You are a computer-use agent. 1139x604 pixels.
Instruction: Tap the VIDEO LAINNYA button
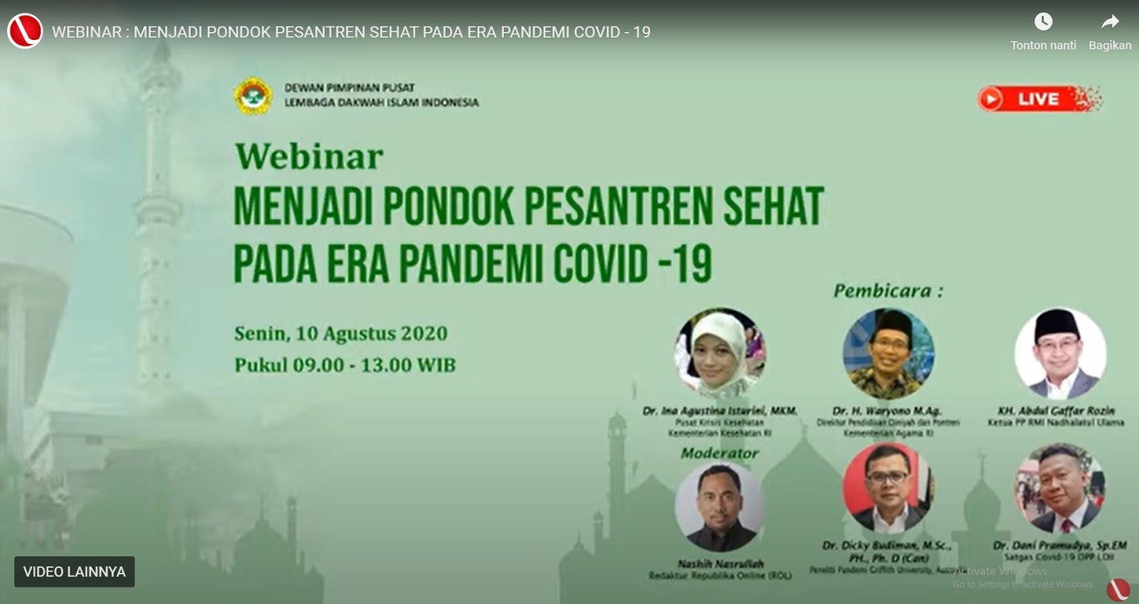(74, 572)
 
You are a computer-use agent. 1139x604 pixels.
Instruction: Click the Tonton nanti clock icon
(1043, 22)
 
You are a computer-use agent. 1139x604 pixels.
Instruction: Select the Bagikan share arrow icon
(1110, 22)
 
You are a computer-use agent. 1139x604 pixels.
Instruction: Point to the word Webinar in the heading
(309, 157)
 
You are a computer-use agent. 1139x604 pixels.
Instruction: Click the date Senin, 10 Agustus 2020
(340, 333)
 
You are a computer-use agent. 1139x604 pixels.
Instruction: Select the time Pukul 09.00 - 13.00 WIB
(345, 365)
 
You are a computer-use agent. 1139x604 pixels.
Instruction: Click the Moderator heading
(719, 453)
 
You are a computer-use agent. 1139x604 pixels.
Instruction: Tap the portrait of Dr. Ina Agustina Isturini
(720, 353)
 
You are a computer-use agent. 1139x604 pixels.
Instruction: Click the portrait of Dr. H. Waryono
(888, 353)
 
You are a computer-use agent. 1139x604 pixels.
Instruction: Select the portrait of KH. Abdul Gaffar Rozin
(1059, 353)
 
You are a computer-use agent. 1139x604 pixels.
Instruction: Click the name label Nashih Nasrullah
(720, 563)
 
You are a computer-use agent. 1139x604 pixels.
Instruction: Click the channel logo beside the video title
(25, 31)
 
